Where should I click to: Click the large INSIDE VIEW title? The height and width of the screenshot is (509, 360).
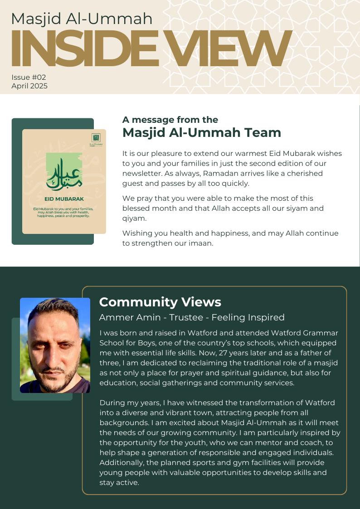tap(150, 49)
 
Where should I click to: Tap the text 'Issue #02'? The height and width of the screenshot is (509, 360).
tap(29, 78)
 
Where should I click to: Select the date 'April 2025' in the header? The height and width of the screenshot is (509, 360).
tap(29, 86)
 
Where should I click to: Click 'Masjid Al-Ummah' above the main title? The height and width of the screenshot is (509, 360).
tap(82, 19)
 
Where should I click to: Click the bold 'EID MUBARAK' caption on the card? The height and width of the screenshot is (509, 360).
tap(64, 199)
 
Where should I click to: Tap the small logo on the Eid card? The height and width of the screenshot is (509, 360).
tap(96, 138)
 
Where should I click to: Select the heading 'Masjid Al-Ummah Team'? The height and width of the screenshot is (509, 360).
tap(201, 133)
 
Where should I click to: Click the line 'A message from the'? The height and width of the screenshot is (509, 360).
tap(170, 120)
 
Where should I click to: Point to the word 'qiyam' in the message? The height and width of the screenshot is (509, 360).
tap(133, 218)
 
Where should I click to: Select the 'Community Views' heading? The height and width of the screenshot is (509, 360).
tap(160, 302)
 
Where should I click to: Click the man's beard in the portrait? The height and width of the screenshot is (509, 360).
tap(53, 378)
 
